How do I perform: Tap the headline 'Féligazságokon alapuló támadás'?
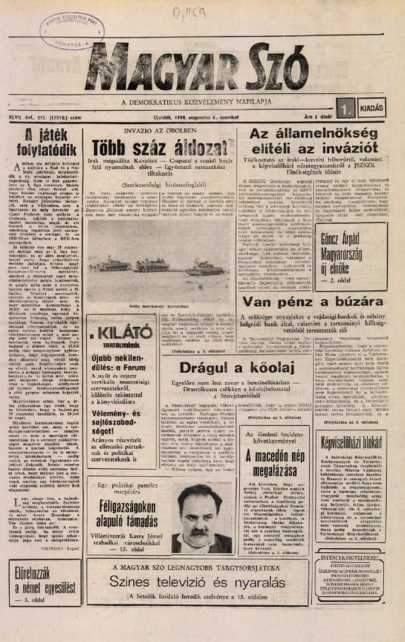(128, 504)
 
